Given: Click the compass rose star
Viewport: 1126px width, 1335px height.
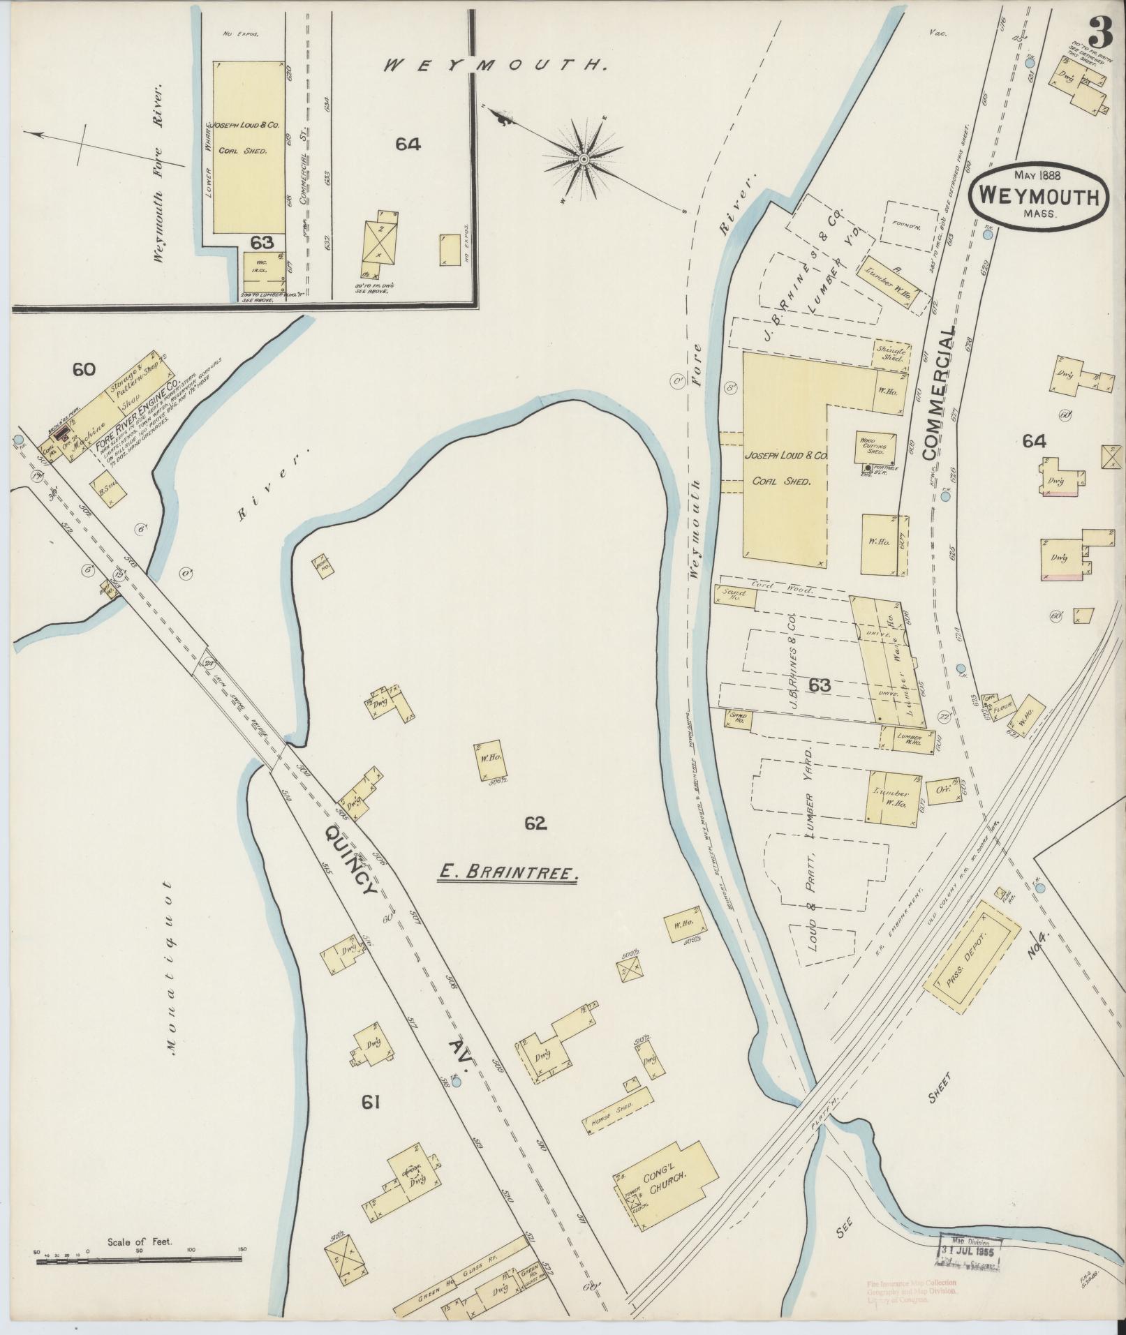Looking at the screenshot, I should (x=582, y=161).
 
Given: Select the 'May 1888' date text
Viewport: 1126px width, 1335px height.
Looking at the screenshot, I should (x=1037, y=175).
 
